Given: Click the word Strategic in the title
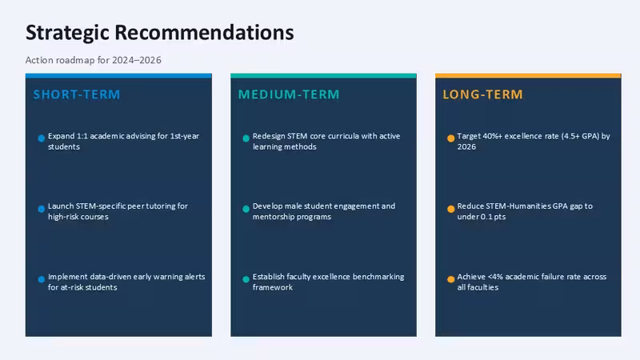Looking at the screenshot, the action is pos(67,33).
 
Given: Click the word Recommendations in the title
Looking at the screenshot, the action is pos(204,32).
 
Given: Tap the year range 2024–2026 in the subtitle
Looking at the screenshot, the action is pos(137,60).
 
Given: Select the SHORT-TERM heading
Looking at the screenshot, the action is pos(77,94).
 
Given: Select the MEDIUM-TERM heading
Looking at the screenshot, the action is pos(289,94).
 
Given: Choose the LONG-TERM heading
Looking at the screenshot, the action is pos(483,94).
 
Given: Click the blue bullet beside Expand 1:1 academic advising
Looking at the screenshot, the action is pos(42,138).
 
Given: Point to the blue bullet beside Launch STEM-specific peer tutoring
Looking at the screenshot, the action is pos(42,209).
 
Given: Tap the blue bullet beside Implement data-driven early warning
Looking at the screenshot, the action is pos(42,279).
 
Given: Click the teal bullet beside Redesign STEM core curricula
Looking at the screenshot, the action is pos(246,138).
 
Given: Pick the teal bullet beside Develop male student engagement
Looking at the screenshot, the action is pos(246,209).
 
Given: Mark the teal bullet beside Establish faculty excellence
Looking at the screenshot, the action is pos(246,279).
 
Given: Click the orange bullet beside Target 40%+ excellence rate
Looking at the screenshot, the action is pos(450,138).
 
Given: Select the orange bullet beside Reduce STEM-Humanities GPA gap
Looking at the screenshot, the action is pos(450,209).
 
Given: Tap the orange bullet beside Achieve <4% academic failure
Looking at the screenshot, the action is pos(450,279).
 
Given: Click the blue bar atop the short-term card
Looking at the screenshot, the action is pos(118,76).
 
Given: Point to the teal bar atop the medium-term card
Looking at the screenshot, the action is pos(324,76).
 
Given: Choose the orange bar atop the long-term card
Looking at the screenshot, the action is pos(528,76).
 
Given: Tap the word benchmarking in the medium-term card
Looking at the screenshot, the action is pos(378,277).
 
